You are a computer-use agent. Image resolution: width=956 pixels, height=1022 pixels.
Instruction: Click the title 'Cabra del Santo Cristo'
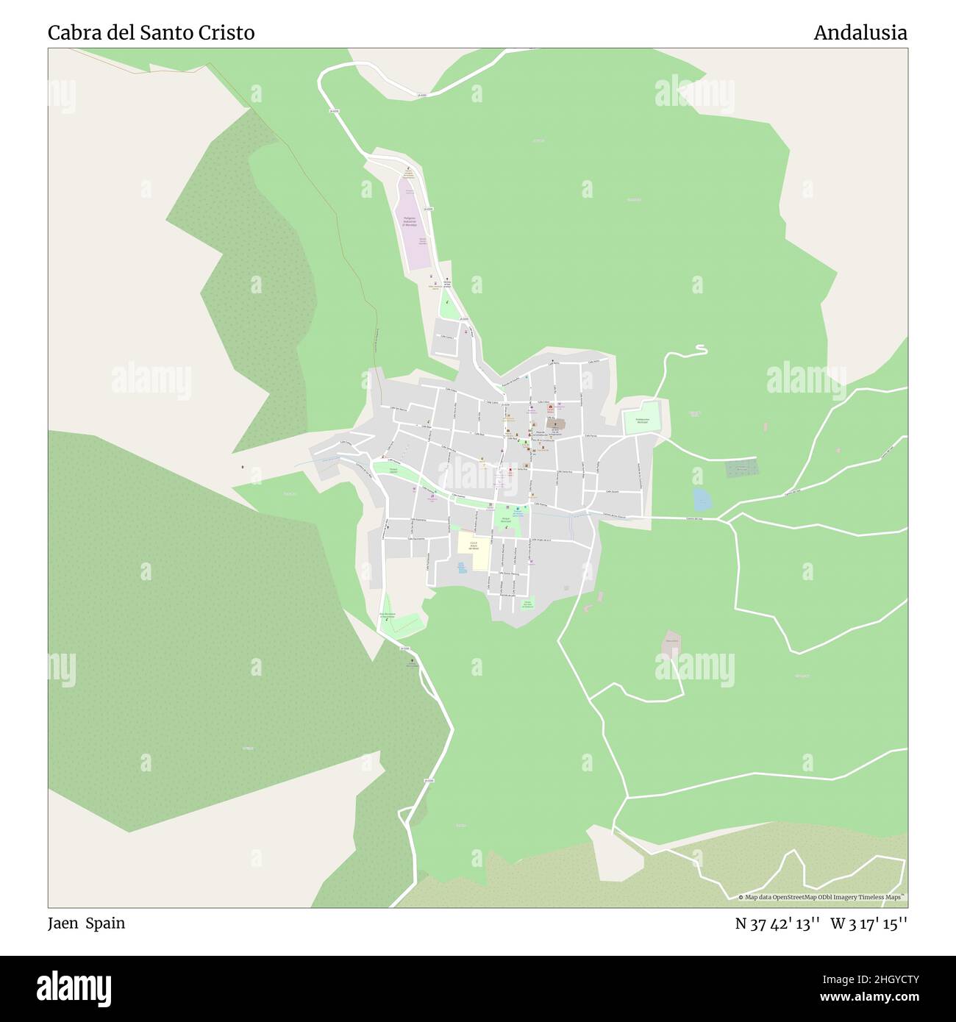point(151,33)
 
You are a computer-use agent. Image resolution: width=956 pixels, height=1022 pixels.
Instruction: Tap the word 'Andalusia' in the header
point(860,33)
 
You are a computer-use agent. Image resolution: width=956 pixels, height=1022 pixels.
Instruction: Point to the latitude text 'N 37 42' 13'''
point(778,924)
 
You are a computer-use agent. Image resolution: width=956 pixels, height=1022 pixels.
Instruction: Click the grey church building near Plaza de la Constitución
point(555,425)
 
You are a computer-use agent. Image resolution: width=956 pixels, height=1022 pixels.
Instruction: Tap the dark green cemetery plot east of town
point(741,468)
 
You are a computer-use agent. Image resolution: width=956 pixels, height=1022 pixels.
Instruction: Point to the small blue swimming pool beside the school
point(461,568)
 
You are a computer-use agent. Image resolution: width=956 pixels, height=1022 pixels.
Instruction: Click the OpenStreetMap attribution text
point(822,897)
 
